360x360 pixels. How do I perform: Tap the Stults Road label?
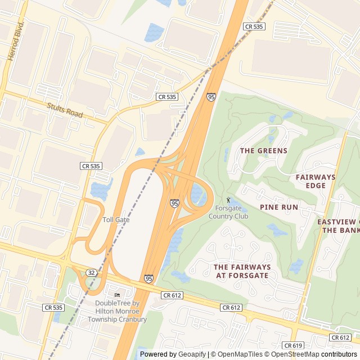65,110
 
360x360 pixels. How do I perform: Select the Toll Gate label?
116,219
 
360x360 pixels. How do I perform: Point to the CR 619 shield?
294,345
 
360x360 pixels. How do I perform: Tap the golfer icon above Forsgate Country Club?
228,200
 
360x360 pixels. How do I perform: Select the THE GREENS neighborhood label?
263,151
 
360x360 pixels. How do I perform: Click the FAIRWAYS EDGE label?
315,181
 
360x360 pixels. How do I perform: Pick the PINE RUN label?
278,207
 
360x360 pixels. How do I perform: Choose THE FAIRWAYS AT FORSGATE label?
242,271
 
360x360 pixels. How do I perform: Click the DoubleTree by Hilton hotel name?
117,311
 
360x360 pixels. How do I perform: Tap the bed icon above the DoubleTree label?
117,295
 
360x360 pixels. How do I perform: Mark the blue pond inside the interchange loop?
196,194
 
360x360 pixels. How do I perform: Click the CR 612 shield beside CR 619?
340,337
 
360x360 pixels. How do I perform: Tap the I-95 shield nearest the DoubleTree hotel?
148,278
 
